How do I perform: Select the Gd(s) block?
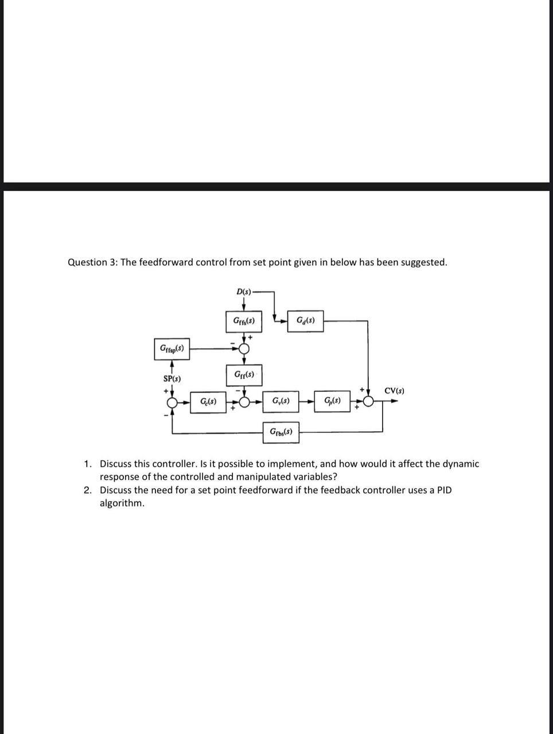305,321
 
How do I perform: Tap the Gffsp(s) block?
172,349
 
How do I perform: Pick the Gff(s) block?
244,375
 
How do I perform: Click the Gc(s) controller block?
208,401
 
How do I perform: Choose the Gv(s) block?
281,401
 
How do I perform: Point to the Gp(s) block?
332,401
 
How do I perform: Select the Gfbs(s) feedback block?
281,432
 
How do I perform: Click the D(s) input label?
244,292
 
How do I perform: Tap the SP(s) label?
172,379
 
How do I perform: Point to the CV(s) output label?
394,391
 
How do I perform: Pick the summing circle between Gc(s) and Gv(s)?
244,402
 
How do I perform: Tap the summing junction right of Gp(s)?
368,402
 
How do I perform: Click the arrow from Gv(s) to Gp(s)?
307,401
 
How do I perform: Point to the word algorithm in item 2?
122,503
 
